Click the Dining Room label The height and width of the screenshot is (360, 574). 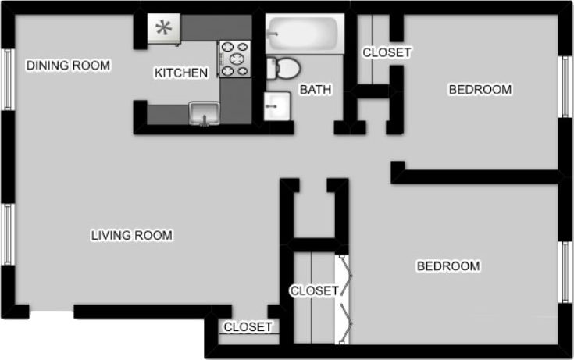[68, 66]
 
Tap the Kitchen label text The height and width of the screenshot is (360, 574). [181, 73]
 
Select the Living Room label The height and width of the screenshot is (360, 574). [131, 235]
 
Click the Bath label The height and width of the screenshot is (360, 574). [316, 90]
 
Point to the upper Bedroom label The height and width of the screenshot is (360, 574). [480, 90]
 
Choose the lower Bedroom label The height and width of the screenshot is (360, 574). [447, 266]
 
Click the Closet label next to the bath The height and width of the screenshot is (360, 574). [387, 52]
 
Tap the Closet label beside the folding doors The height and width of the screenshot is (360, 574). [314, 291]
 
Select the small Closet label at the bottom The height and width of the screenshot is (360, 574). [248, 327]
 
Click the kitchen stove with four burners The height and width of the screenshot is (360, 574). [235, 59]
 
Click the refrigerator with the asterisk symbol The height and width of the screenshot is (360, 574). [164, 28]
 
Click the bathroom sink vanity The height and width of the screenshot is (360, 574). [276, 105]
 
